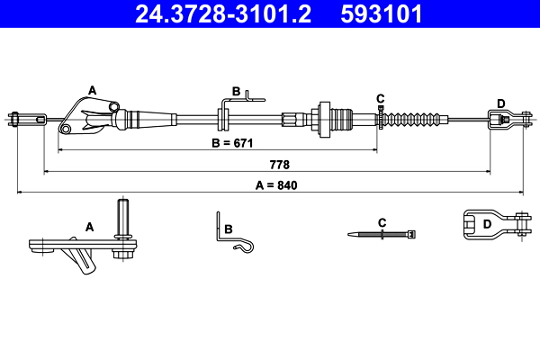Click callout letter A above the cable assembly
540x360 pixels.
91,89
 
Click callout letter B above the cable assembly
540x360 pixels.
236,91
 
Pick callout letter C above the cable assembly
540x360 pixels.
380,97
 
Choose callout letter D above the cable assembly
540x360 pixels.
500,102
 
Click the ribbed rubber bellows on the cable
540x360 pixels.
415,119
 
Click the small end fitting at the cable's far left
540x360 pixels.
24,117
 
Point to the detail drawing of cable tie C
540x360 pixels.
382,234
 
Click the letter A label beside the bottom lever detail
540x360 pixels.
89,227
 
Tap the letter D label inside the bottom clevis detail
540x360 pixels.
486,224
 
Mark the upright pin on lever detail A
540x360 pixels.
124,217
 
